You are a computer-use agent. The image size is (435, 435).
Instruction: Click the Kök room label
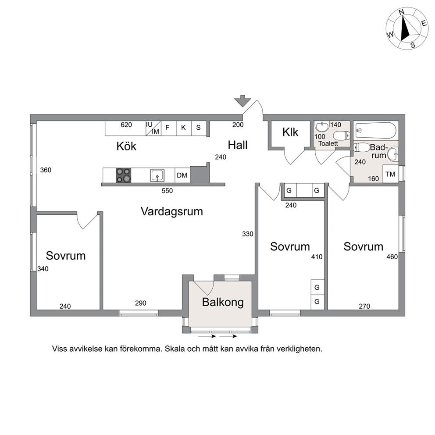[126, 146]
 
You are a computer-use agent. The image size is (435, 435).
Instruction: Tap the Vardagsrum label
[172, 212]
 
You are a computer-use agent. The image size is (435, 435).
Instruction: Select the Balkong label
[223, 303]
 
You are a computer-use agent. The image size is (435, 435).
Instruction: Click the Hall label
[238, 145]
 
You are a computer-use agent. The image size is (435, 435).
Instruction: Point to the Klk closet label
[290, 132]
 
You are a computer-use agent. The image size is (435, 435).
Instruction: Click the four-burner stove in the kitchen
[124, 175]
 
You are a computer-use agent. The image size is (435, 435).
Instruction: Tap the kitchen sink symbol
[157, 175]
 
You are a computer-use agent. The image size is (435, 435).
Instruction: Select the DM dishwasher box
[182, 175]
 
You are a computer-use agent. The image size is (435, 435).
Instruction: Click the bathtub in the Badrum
[376, 130]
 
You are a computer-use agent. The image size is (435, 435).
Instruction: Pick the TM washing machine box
[391, 174]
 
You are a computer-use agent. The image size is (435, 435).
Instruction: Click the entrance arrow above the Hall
[242, 101]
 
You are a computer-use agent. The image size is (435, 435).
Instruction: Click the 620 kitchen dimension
[126, 125]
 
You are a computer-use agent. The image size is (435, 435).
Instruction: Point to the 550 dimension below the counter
[167, 191]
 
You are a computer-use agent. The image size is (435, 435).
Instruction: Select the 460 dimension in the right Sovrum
[392, 257]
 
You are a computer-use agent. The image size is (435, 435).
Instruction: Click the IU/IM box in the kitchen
[153, 128]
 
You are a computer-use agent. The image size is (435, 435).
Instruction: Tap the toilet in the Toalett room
[342, 136]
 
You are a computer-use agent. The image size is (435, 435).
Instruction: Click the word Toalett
[328, 143]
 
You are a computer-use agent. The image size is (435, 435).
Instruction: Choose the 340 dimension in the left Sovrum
[43, 269]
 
